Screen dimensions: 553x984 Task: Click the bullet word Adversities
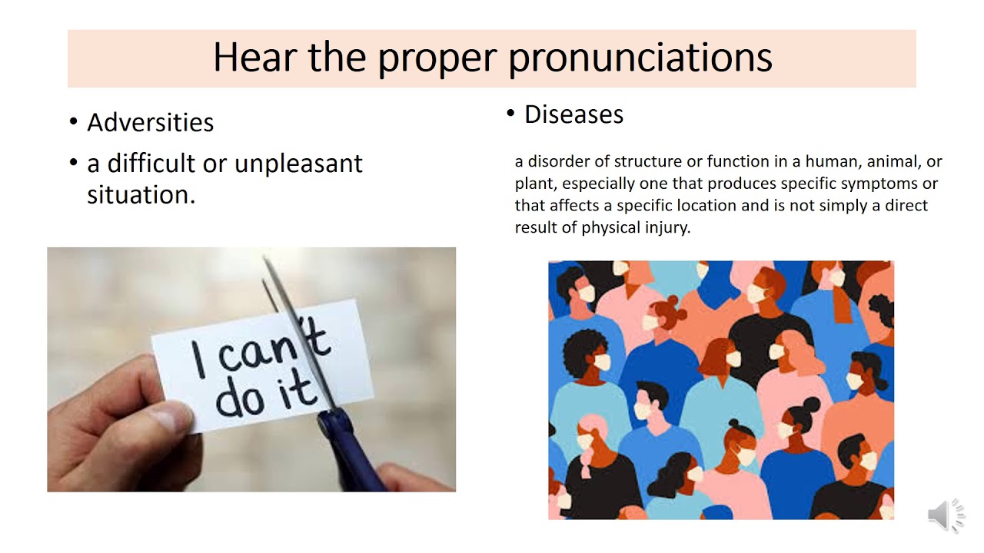(150, 123)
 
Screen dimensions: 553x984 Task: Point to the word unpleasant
(298, 164)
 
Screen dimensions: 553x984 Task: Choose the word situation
(141, 194)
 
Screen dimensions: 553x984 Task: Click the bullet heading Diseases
(573, 114)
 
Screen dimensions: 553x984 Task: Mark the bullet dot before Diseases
(510, 114)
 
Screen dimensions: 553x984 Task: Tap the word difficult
(151, 164)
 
